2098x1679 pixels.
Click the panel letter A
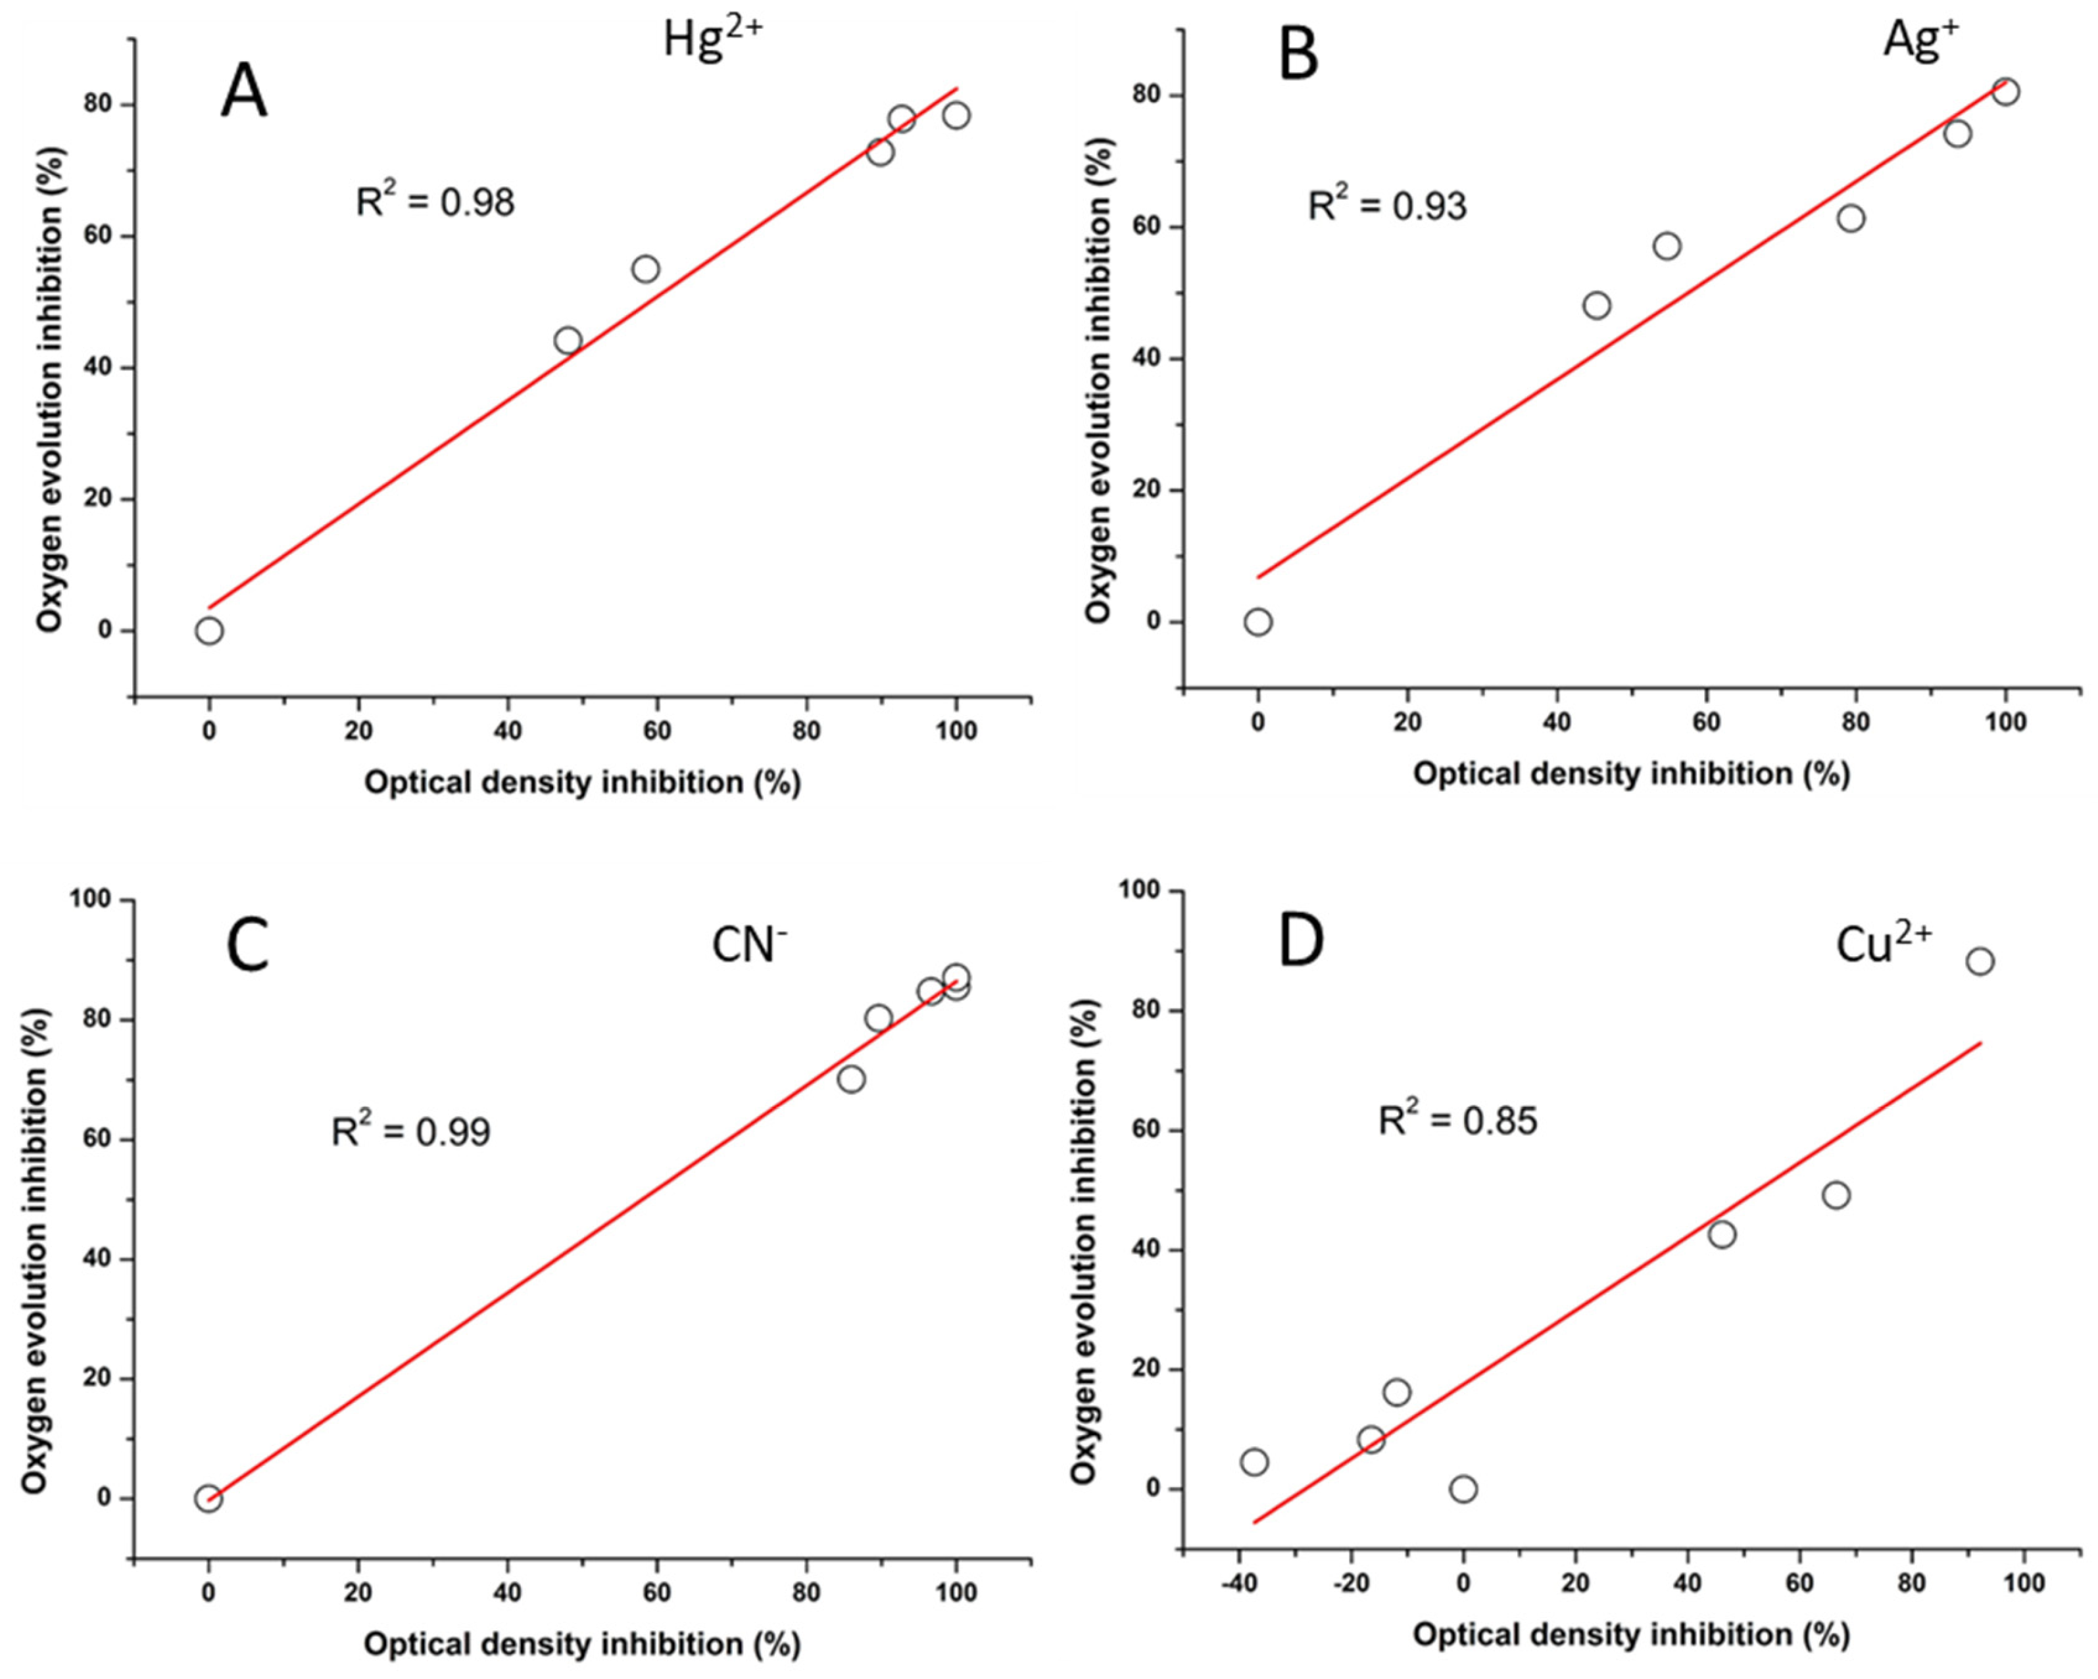243,95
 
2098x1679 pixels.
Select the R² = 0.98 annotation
435,201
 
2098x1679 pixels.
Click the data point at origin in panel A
209,631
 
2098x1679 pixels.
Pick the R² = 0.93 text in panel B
1386,205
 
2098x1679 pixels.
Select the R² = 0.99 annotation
410,1131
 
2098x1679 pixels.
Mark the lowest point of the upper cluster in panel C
852,1079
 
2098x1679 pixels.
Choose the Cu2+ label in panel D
1884,944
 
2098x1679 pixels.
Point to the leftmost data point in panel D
1254,1462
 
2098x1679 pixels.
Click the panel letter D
1301,943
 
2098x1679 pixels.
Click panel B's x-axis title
1631,774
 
